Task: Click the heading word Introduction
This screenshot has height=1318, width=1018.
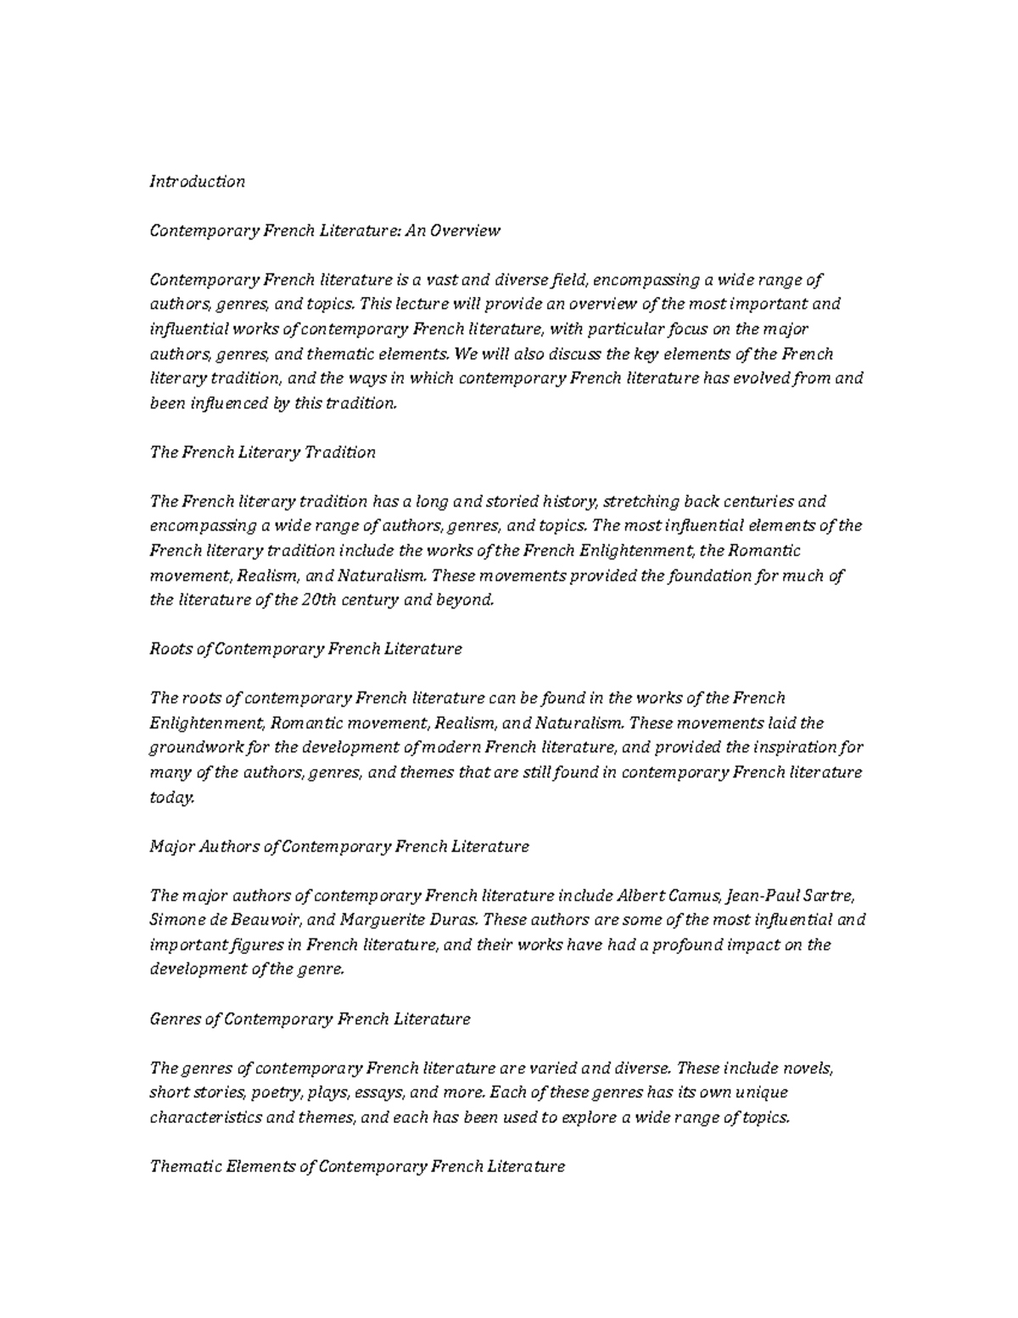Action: pyautogui.click(x=197, y=182)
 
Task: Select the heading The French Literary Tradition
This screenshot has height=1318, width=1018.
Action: pyautogui.click(x=262, y=452)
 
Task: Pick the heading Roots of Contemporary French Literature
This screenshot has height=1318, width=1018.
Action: pyautogui.click(x=305, y=649)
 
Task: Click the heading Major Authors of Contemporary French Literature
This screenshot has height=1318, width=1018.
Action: pyautogui.click(x=338, y=847)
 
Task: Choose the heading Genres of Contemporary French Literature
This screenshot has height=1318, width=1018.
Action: pyautogui.click(x=310, y=1019)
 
